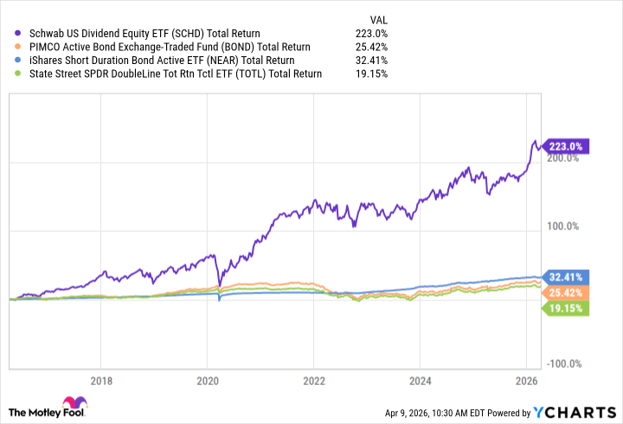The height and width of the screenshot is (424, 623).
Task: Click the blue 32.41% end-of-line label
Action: pos(568,278)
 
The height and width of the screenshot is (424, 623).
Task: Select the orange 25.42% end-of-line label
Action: pos(568,292)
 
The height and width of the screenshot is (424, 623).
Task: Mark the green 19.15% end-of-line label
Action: pos(568,307)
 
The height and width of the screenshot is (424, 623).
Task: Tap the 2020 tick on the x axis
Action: pos(208,380)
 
